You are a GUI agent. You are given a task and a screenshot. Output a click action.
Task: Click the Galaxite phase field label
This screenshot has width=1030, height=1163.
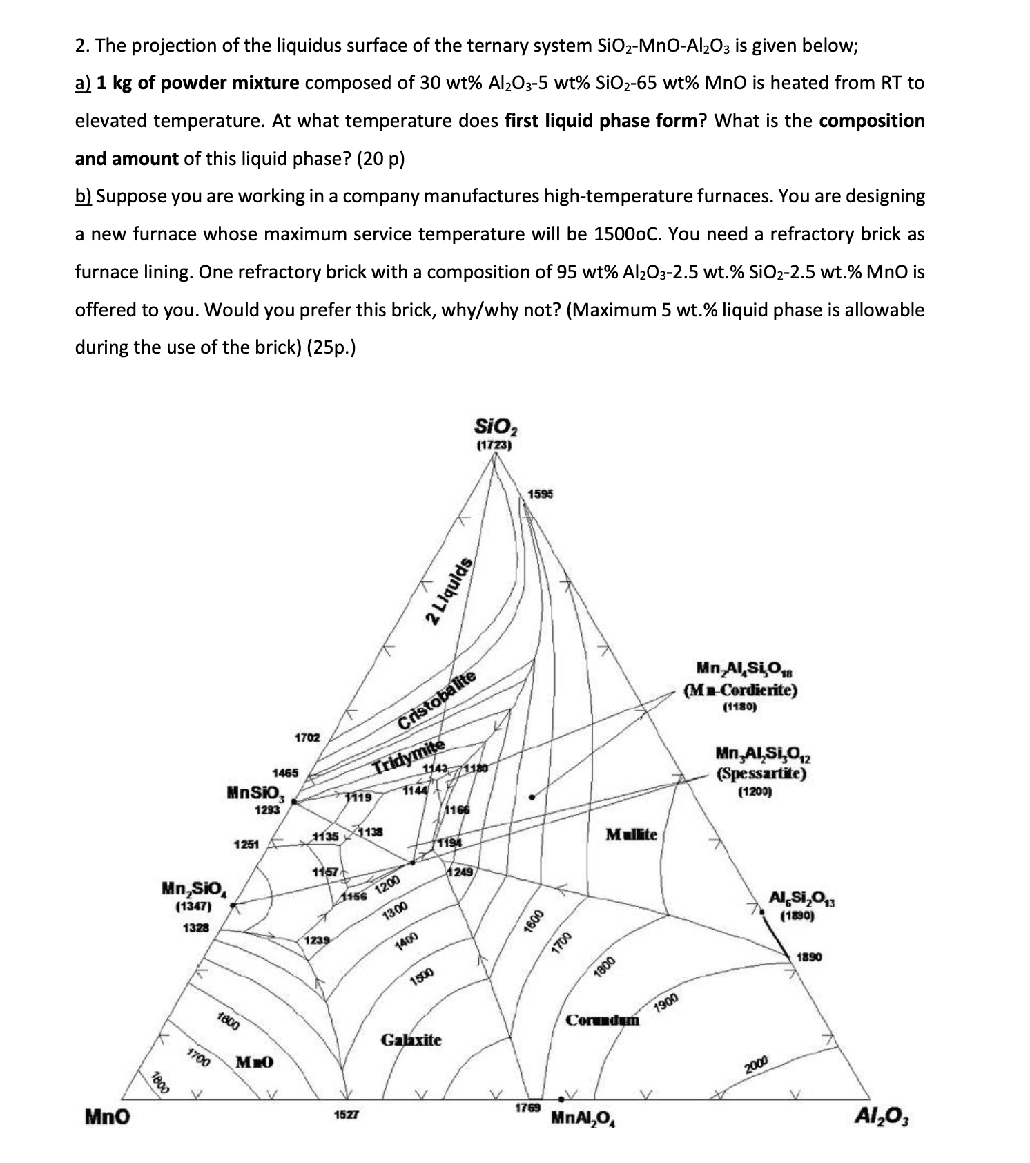coord(411,1039)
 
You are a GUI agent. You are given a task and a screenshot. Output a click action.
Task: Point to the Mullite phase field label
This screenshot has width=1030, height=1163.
coord(632,834)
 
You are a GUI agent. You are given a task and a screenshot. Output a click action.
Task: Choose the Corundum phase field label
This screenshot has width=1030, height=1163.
coord(603,1020)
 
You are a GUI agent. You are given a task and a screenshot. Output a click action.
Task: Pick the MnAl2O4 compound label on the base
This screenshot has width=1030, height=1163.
coord(584,1117)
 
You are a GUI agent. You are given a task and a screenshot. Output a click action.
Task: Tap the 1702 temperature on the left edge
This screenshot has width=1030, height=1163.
coord(307,738)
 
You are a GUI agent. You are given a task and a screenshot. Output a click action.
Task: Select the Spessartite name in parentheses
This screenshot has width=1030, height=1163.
coord(761,773)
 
